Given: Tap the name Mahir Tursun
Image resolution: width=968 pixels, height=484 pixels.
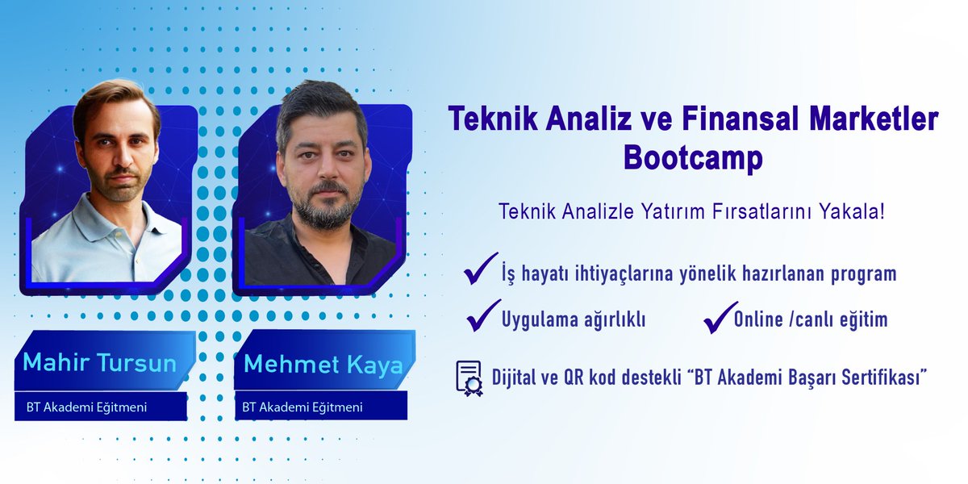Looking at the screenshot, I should pos(99,362).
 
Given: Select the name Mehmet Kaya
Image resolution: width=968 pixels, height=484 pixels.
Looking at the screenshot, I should pos(323,365).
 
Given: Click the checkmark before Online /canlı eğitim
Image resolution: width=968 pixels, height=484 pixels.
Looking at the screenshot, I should pos(719,317).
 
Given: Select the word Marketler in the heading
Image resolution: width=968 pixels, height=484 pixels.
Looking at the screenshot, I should pos(882,120).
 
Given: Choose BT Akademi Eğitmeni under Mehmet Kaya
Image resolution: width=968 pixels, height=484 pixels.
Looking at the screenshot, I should pos(302,407).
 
